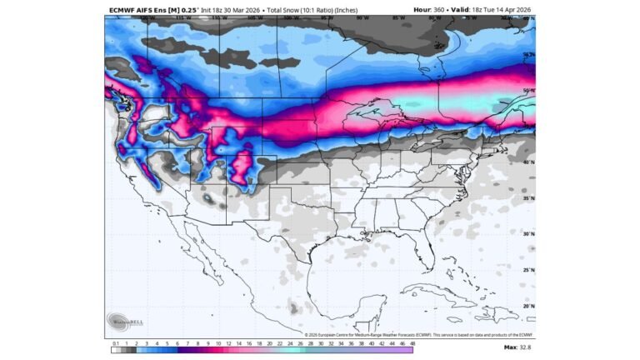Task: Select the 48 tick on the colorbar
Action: (x=412, y=343)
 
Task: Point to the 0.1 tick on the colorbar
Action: (x=114, y=343)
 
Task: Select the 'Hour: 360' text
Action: (x=431, y=10)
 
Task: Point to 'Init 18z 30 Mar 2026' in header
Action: (x=237, y=10)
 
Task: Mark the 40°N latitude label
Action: (x=527, y=162)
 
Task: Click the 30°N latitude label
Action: (x=527, y=234)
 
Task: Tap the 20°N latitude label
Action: (x=527, y=306)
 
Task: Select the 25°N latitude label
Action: (x=527, y=270)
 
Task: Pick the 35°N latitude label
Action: (x=527, y=198)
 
